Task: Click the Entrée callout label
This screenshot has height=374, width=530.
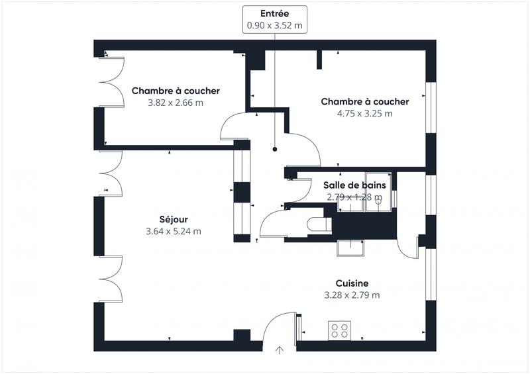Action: tap(274, 13)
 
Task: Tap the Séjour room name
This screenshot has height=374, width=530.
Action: tap(173, 219)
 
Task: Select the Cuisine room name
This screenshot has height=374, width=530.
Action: tap(351, 283)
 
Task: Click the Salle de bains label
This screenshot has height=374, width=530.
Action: tap(354, 185)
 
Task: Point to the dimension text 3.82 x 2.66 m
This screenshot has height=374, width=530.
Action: tap(175, 103)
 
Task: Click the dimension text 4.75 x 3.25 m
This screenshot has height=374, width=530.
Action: tap(364, 113)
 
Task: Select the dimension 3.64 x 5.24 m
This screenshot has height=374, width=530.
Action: tap(173, 231)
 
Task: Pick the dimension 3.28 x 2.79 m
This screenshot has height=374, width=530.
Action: tap(351, 295)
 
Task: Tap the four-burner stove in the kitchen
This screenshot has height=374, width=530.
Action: tap(340, 330)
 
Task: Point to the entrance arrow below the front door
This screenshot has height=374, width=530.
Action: tap(280, 351)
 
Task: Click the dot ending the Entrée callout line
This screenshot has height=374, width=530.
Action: tap(274, 150)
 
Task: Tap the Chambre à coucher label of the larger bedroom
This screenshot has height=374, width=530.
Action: tap(364, 101)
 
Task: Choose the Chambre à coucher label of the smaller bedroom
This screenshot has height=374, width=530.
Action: tap(175, 91)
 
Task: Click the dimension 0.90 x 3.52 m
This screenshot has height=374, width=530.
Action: tap(274, 24)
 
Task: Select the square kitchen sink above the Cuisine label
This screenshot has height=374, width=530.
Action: tap(351, 247)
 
